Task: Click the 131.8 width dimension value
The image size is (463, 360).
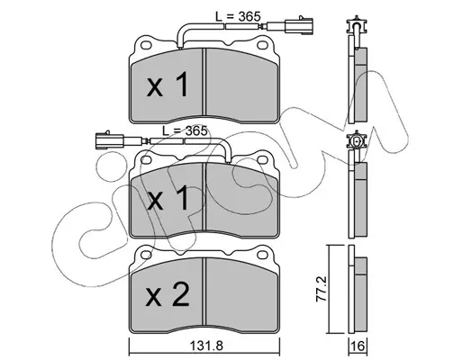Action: click(x=206, y=346)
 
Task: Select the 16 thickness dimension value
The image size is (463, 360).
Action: click(x=358, y=346)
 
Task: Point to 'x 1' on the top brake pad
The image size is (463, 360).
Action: click(x=168, y=85)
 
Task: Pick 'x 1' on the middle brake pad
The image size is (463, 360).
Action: click(x=168, y=197)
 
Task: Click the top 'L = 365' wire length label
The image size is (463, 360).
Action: click(x=238, y=16)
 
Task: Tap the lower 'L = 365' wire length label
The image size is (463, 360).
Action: click(x=185, y=130)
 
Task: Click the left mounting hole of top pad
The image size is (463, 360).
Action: click(x=146, y=45)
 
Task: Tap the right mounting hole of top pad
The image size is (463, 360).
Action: click(x=262, y=45)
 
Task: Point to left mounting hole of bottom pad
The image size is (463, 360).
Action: click(x=146, y=255)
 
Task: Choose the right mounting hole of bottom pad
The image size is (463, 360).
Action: click(x=262, y=255)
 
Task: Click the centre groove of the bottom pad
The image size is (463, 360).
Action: click(x=204, y=292)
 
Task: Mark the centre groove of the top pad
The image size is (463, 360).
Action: click(x=204, y=82)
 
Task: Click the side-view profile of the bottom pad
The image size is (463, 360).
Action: click(x=358, y=289)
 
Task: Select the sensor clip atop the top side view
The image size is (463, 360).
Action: click(x=356, y=25)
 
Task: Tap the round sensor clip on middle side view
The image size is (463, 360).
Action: click(x=356, y=140)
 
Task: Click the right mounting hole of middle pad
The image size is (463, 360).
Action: click(x=262, y=159)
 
